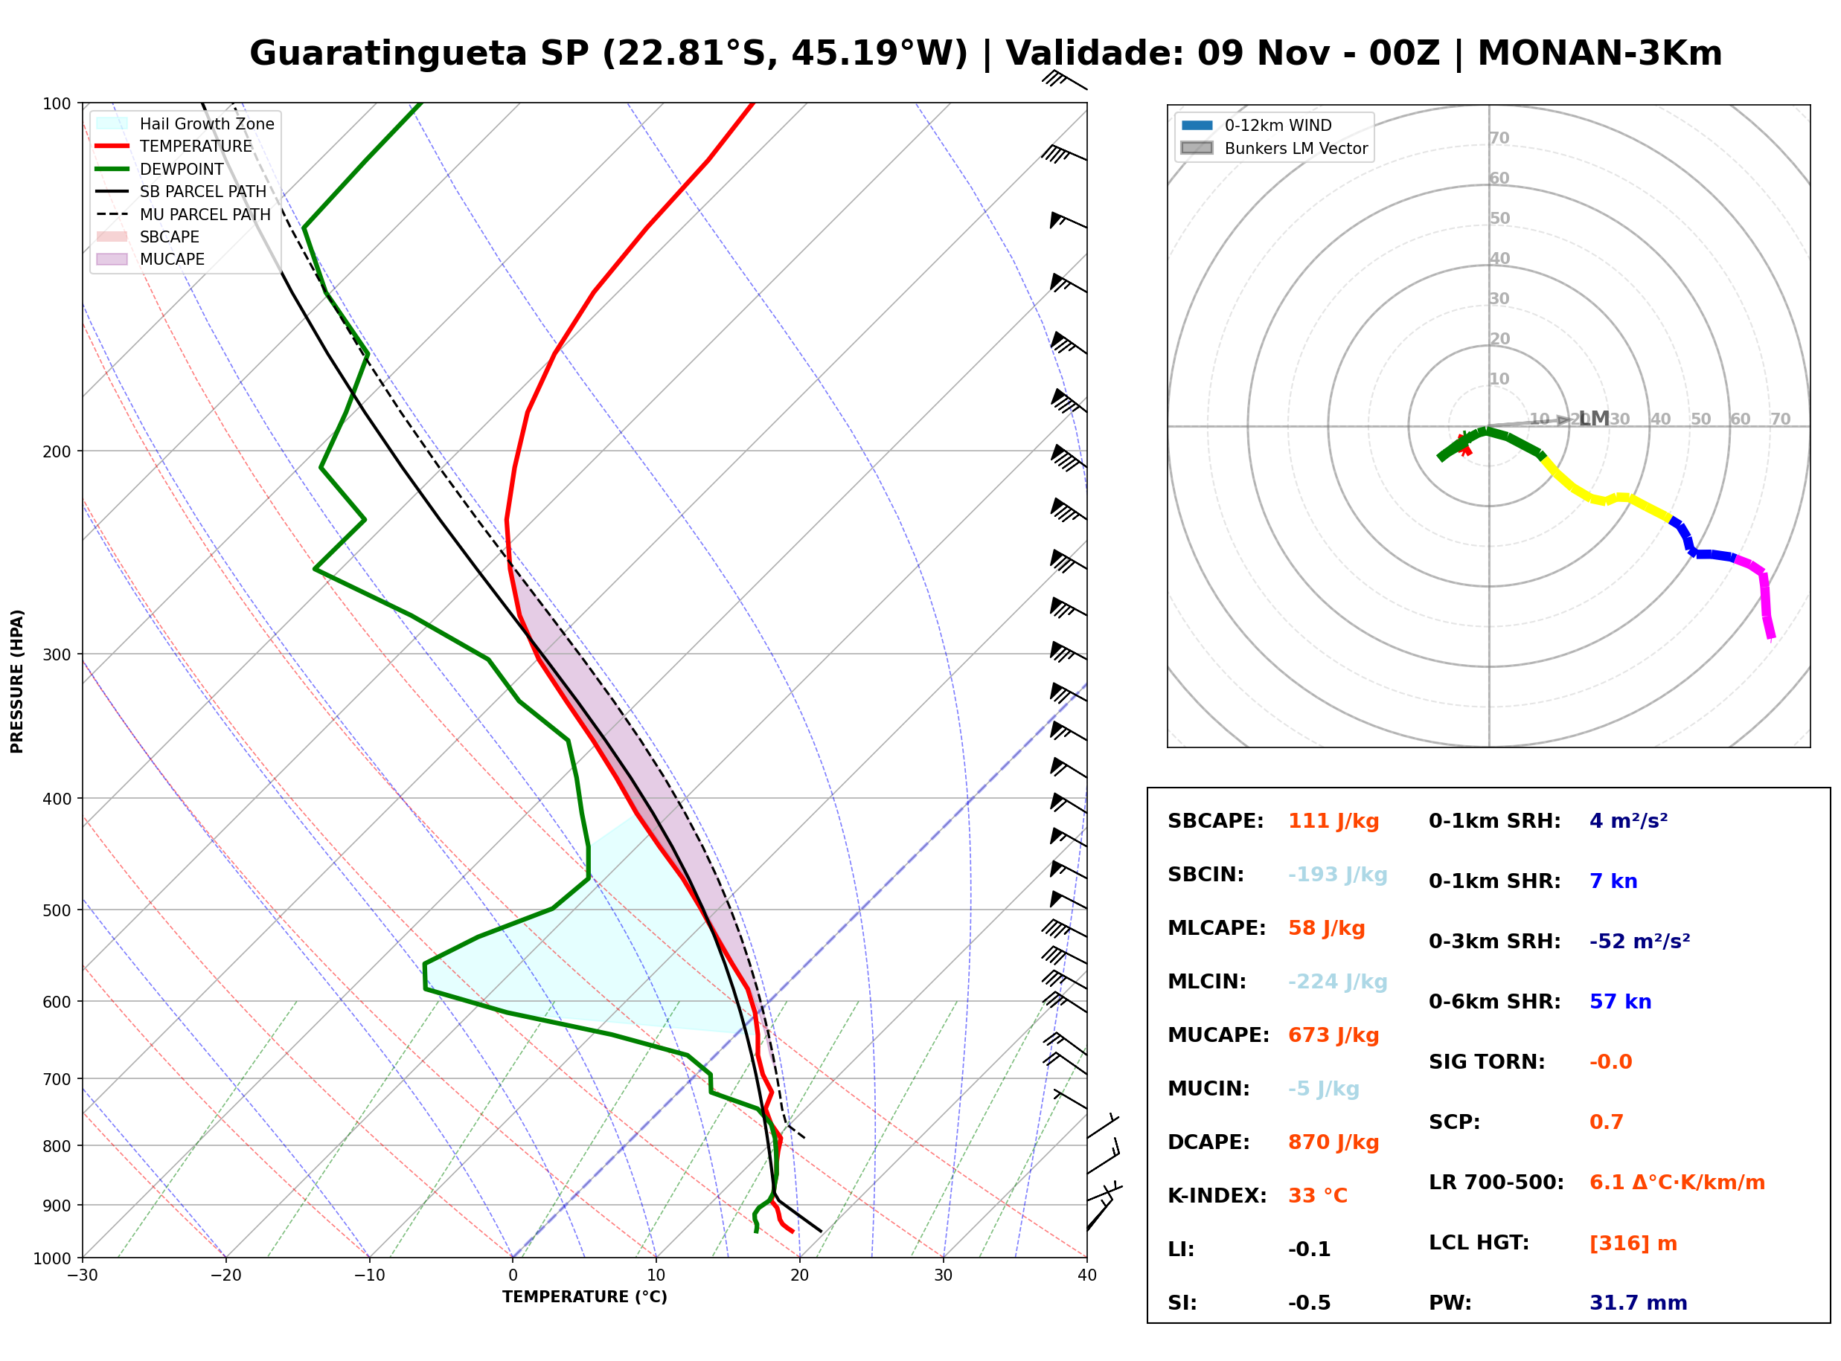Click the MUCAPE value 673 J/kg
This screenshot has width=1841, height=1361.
click(x=1333, y=1035)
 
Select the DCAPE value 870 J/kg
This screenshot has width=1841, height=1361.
click(x=1333, y=1142)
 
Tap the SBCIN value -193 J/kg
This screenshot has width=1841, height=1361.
click(x=1337, y=874)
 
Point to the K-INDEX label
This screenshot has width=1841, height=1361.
click(x=1217, y=1195)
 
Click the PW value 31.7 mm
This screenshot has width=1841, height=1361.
click(x=1639, y=1302)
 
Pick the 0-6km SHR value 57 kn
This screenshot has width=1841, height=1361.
click(x=1620, y=1001)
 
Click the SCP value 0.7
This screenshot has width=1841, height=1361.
click(x=1606, y=1122)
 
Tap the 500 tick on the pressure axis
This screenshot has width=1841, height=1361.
click(x=56, y=910)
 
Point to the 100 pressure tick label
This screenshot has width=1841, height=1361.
click(x=56, y=104)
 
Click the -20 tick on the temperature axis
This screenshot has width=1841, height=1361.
click(x=225, y=1275)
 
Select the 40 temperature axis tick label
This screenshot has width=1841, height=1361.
click(x=1087, y=1275)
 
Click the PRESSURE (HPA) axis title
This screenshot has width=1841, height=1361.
click(x=17, y=681)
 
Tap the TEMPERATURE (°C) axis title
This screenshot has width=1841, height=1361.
click(x=585, y=1297)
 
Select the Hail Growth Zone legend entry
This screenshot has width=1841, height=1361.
click(x=185, y=123)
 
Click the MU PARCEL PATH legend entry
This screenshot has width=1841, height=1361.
click(x=184, y=214)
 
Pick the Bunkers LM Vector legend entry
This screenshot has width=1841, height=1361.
click(x=1275, y=148)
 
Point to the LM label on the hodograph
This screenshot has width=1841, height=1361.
click(x=1594, y=419)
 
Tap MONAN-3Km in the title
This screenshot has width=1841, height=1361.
click(x=1600, y=54)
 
